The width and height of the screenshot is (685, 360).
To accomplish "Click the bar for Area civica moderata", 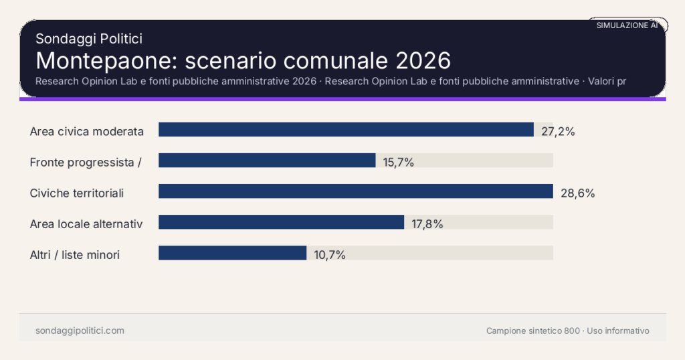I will pyautogui.click(x=346, y=130).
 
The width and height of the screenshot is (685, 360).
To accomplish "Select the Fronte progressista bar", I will pyautogui.click(x=267, y=161).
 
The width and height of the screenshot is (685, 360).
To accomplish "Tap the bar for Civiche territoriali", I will pyautogui.click(x=355, y=191).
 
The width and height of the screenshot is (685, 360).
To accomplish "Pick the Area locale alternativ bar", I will pyautogui.click(x=281, y=222).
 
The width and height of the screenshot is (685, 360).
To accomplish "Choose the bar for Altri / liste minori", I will pyautogui.click(x=232, y=253).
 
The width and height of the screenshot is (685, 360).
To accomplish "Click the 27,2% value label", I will pyautogui.click(x=558, y=131).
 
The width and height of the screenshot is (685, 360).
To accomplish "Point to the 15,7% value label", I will pyautogui.click(x=399, y=162).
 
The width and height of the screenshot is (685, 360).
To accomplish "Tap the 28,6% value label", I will pyautogui.click(x=577, y=193).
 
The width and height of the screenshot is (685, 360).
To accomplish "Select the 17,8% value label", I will pyautogui.click(x=427, y=224).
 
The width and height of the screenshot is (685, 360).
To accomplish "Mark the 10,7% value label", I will pyautogui.click(x=330, y=255).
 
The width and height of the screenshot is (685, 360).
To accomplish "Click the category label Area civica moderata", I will pyautogui.click(x=87, y=131).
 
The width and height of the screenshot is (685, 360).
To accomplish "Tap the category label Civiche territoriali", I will pyautogui.click(x=77, y=193).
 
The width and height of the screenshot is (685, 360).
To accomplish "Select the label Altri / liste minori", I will pyautogui.click(x=75, y=255).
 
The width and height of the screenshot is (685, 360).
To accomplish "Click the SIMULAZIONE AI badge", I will pyautogui.click(x=627, y=25).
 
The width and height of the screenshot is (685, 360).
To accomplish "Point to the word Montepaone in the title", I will pyautogui.click(x=106, y=60).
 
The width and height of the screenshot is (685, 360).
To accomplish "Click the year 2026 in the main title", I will pyautogui.click(x=423, y=60).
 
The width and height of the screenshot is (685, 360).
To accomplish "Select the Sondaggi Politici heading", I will pyautogui.click(x=89, y=39).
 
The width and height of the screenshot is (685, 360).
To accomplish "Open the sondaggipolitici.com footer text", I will pyautogui.click(x=80, y=331).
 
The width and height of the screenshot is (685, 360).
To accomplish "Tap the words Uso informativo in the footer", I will pyautogui.click(x=618, y=331).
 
